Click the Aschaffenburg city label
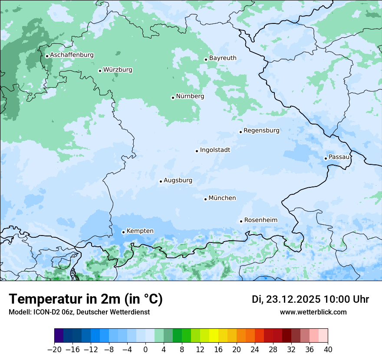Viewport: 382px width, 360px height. [72, 55]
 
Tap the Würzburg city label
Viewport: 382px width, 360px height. [118, 70]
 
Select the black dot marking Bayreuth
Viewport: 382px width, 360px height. [206, 59]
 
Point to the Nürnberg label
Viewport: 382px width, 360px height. [190, 96]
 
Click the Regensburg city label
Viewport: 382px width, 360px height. [261, 131]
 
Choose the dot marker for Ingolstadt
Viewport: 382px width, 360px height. [197, 151]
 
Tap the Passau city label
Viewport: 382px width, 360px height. [339, 157]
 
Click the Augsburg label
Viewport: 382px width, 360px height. [178, 180]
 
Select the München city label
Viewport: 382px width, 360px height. [222, 198]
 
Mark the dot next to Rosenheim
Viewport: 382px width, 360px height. [241, 221]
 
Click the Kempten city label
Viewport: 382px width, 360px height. [140, 231]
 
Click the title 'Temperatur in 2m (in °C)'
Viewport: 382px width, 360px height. [86, 299]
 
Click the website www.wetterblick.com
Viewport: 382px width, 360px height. [313, 312]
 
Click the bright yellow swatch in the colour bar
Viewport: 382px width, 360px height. [214, 336]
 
